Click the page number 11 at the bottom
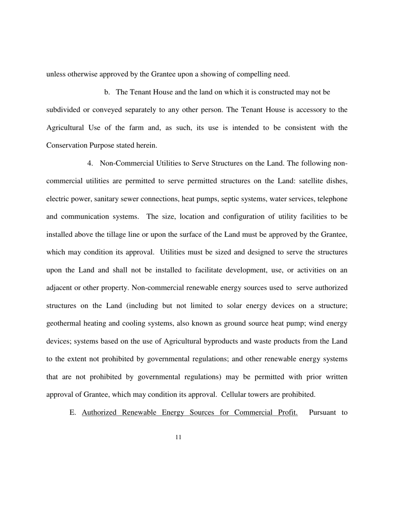point(178,437)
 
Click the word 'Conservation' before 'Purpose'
point(67,145)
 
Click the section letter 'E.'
point(73,413)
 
